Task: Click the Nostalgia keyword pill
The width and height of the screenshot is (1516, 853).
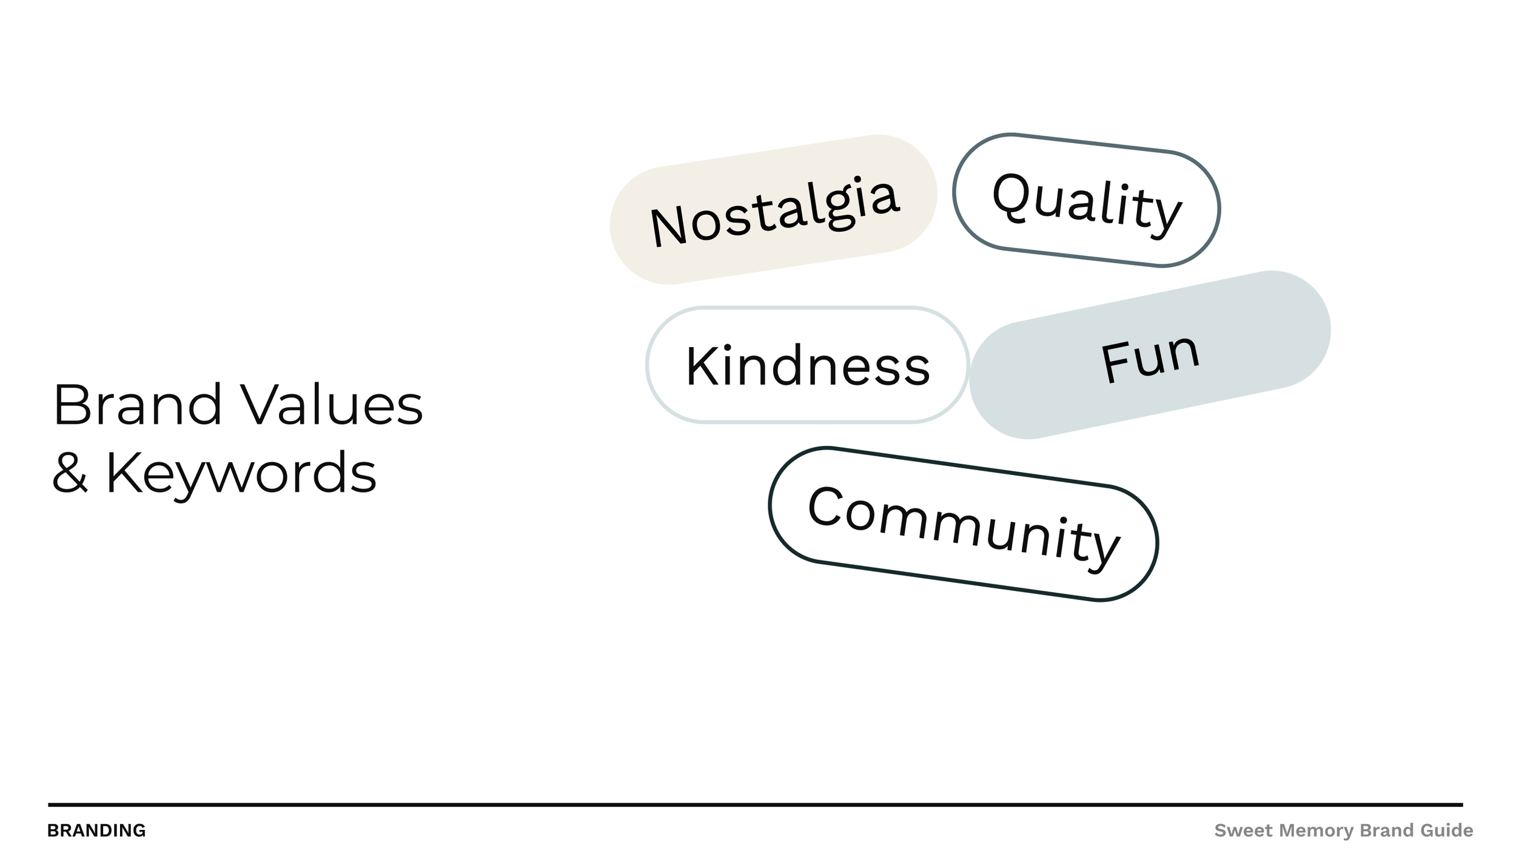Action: click(773, 209)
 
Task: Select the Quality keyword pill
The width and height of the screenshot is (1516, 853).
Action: click(1086, 200)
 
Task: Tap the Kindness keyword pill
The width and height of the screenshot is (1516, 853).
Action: click(807, 365)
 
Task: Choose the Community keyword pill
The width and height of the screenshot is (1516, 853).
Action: click(963, 525)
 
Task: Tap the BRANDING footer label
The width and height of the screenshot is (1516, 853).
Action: click(96, 831)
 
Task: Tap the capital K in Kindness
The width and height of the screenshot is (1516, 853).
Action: click(702, 365)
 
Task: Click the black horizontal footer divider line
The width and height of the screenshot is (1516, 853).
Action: click(755, 805)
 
